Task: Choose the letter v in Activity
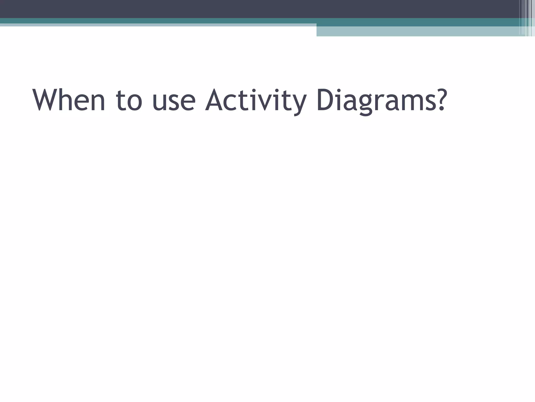pos(268,103)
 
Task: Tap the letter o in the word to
pos(135,103)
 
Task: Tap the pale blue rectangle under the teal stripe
pos(418,31)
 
